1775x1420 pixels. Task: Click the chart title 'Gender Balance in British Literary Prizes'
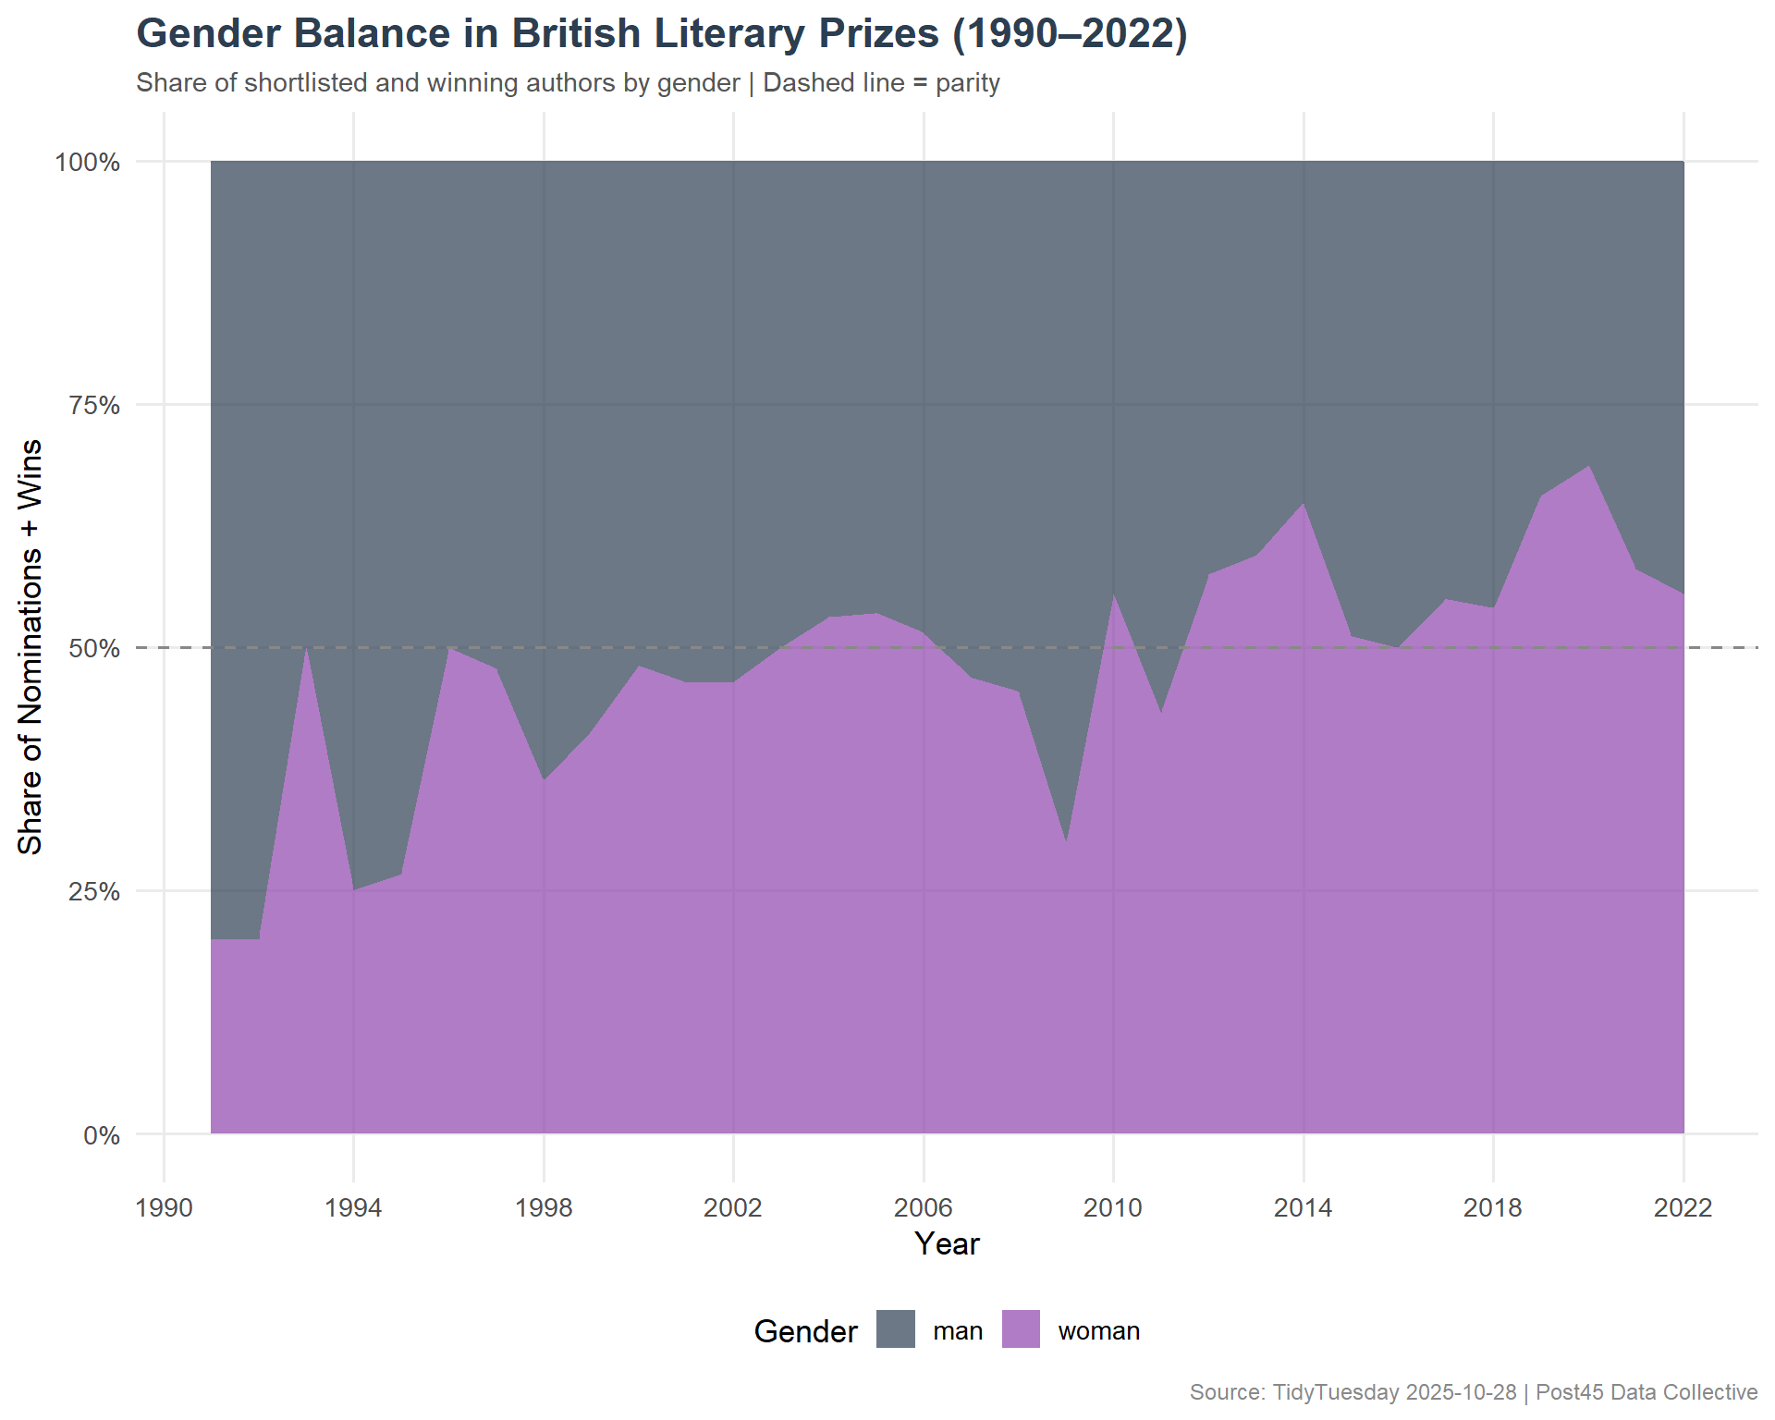click(x=661, y=34)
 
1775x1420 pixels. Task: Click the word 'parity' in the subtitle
click(x=967, y=83)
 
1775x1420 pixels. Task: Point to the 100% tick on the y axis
click(x=88, y=163)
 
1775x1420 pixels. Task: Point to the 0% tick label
click(x=102, y=1135)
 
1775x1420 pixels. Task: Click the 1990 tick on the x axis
click(x=164, y=1207)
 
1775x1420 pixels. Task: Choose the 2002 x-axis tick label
click(x=733, y=1207)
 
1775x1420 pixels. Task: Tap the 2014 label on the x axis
click(x=1303, y=1207)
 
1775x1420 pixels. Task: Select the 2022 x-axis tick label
click(x=1683, y=1207)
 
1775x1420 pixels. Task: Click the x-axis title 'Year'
click(x=947, y=1244)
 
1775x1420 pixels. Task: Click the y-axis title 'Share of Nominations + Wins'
click(x=31, y=647)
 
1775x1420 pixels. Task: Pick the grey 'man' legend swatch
click(x=895, y=1329)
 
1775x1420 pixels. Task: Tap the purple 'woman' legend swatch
click(x=1021, y=1329)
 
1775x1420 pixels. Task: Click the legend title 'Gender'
click(x=805, y=1331)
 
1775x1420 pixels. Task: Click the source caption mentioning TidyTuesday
click(x=1473, y=1392)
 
